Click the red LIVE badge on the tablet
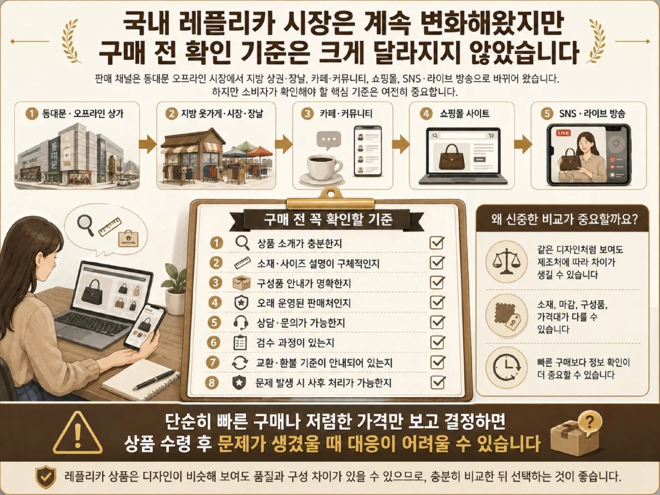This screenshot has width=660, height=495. [563, 133]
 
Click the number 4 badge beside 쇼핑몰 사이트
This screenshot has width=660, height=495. [426, 114]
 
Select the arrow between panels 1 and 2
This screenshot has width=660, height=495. [148, 144]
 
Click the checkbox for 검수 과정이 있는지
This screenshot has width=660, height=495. [437, 342]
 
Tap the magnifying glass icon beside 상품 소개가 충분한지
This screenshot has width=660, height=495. [243, 243]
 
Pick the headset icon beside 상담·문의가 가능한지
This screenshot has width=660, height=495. [241, 322]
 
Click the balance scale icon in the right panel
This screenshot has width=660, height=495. [507, 261]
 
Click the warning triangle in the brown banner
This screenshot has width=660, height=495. [78, 433]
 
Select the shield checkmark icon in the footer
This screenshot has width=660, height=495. [46, 476]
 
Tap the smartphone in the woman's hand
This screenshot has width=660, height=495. [145, 326]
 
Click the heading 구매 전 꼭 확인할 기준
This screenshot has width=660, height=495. [328, 219]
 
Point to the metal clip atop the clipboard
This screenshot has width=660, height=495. [331, 199]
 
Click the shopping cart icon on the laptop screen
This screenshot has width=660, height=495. [491, 135]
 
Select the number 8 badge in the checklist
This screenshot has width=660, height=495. [212, 383]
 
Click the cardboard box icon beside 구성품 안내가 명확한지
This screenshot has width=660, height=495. [242, 283]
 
